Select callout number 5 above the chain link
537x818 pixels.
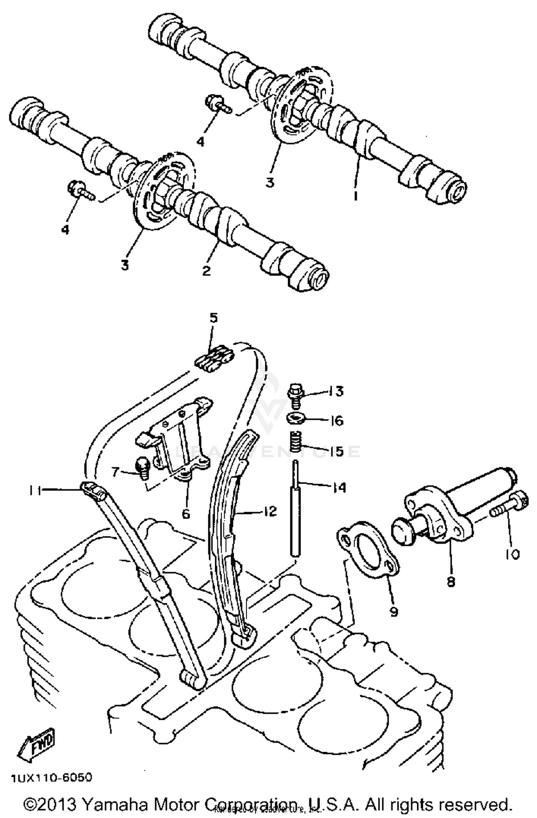214,318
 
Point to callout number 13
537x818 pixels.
335,391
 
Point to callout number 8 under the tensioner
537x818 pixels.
451,582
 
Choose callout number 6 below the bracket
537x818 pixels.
185,514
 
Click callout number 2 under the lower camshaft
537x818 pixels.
206,271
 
